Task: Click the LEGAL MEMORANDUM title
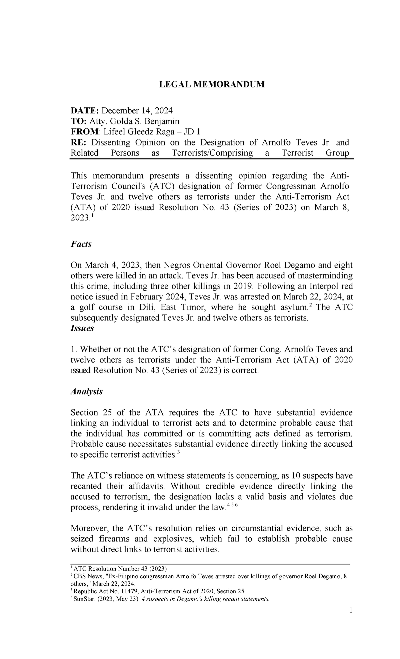coord(212,84)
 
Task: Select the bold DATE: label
coord(84,111)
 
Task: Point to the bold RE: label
coord(79,143)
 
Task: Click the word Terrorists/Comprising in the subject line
coord(212,153)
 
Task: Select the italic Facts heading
coord(81,244)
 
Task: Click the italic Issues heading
coord(82,328)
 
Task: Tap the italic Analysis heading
coord(86,392)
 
